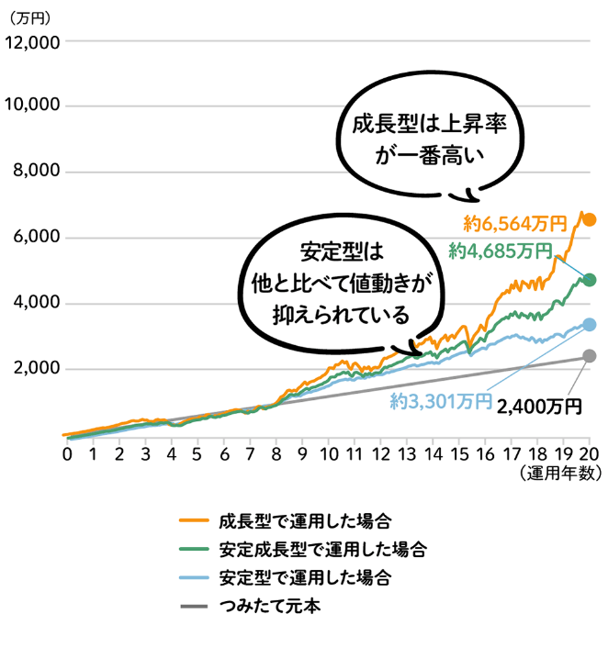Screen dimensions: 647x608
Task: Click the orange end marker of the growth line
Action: point(590,220)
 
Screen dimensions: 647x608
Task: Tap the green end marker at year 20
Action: point(590,280)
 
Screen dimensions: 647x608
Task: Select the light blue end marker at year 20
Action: point(590,324)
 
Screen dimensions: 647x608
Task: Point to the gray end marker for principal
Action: point(590,356)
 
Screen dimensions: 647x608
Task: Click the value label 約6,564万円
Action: point(515,222)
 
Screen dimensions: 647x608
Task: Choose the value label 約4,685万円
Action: point(501,250)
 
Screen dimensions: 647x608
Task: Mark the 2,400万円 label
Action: point(540,404)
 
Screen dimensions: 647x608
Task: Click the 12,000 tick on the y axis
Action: point(33,42)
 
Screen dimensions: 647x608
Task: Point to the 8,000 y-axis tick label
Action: point(38,172)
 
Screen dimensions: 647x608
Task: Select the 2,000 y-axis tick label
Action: point(38,369)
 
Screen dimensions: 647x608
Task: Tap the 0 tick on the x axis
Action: point(67,453)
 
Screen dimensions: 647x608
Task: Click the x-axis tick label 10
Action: point(328,453)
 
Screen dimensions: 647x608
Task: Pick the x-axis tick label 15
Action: point(458,453)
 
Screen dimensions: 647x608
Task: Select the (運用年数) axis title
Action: point(559,474)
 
